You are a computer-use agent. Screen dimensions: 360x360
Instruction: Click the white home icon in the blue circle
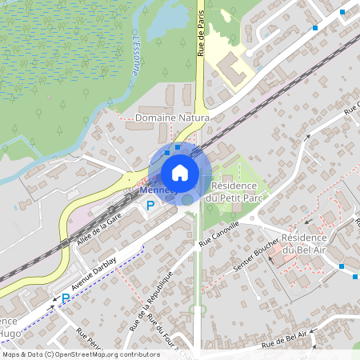[x=180, y=173]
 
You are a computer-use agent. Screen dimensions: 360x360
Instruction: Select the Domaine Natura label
[x=172, y=118]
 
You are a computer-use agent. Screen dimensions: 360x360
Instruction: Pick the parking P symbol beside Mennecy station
[x=150, y=206]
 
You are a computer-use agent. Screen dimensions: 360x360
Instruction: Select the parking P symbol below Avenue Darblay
[x=66, y=299]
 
